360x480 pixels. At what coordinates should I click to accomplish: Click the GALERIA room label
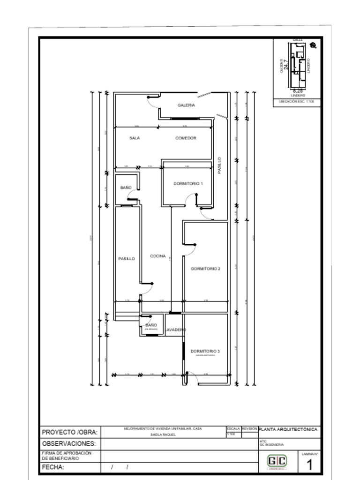click(186, 105)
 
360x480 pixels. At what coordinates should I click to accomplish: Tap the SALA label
click(135, 138)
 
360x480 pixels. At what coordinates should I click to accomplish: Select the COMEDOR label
click(186, 138)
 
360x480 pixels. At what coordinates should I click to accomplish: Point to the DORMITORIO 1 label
click(188, 184)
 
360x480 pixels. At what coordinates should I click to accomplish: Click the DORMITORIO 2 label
click(205, 269)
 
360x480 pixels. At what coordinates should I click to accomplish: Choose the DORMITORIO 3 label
click(205, 351)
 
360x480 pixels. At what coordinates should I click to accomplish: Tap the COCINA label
click(157, 256)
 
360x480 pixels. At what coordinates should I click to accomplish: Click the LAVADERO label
click(175, 330)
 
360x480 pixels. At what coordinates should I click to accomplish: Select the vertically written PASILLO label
click(220, 165)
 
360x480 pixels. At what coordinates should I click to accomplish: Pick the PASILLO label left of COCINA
click(127, 259)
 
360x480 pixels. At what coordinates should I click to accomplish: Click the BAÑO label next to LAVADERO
click(151, 325)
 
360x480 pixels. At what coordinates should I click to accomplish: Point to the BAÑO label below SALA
click(126, 187)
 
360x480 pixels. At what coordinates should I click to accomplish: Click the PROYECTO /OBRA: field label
click(70, 432)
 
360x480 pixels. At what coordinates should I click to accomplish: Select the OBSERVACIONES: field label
click(69, 443)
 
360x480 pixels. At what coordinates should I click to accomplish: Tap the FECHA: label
click(53, 467)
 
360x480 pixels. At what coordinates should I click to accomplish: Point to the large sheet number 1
click(309, 465)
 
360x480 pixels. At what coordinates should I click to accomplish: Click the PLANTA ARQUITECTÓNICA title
click(289, 429)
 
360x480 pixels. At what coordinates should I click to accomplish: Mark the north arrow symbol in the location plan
click(314, 45)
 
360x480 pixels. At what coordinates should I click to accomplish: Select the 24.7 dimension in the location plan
click(286, 65)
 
